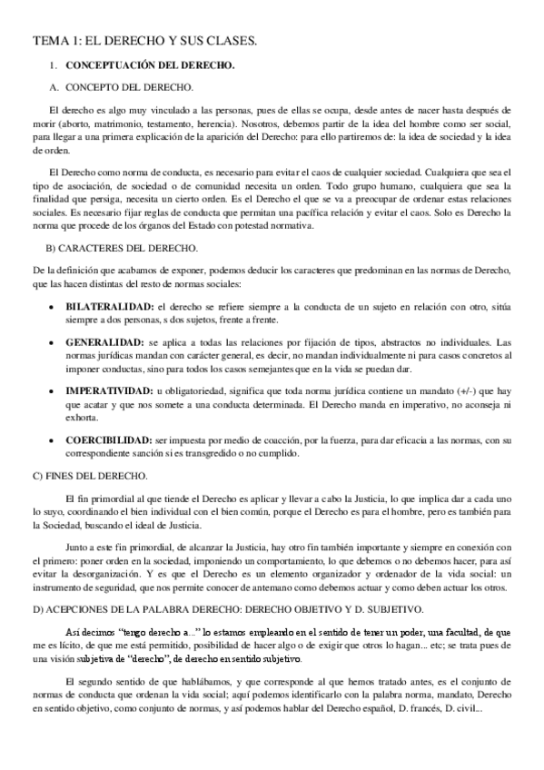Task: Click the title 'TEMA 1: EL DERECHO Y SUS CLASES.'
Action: click(145, 41)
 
